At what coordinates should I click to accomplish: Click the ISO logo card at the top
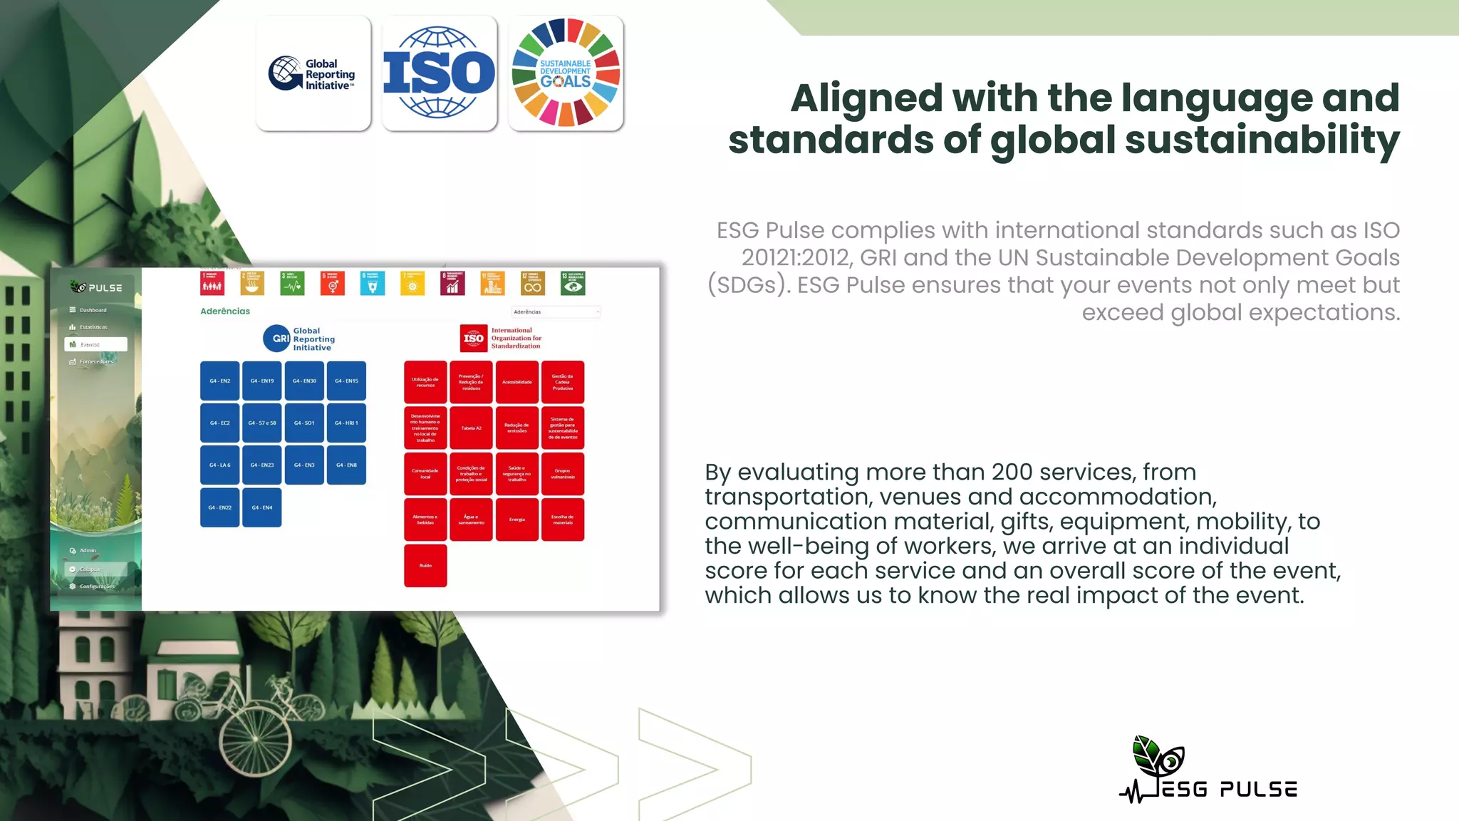(440, 73)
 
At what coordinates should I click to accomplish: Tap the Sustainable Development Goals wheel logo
(566, 73)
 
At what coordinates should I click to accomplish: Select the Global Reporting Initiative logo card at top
(313, 73)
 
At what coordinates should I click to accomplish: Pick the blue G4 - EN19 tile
(262, 381)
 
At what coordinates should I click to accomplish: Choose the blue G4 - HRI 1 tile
(346, 423)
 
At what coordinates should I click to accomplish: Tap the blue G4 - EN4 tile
(262, 507)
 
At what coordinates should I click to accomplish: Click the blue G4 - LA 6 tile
(219, 465)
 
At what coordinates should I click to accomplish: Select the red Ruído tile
(425, 566)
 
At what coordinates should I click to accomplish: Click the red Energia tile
(517, 520)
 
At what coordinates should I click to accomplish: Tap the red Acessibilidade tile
(517, 382)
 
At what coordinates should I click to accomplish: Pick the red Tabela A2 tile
(471, 428)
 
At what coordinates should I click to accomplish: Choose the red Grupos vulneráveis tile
(563, 474)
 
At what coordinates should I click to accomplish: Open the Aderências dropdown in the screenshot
(556, 312)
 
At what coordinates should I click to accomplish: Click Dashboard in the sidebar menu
(93, 310)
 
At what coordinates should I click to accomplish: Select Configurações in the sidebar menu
(96, 587)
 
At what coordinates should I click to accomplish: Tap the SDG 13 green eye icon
(573, 284)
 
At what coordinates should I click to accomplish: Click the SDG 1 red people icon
(212, 284)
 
